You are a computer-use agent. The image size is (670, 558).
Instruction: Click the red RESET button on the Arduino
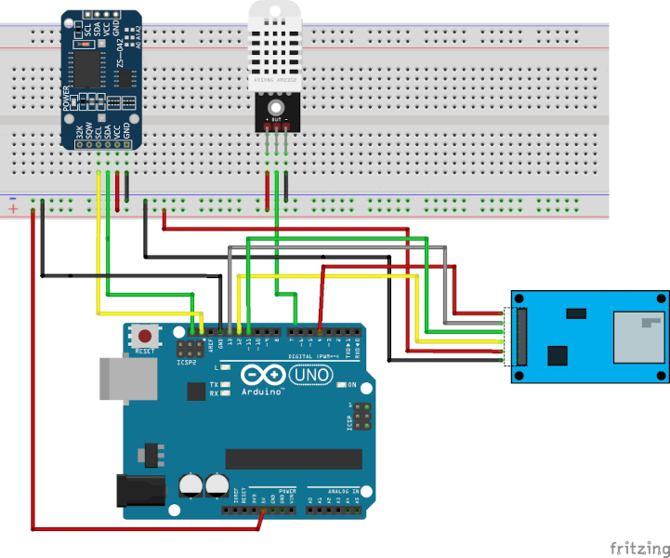[x=145, y=335]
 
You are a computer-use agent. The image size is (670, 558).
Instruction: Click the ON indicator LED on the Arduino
[x=340, y=384]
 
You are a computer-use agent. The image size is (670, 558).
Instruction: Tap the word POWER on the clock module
[x=66, y=99]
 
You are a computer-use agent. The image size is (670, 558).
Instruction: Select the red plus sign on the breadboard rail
[x=14, y=209]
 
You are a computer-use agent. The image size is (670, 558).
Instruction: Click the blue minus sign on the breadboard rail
[x=13, y=198]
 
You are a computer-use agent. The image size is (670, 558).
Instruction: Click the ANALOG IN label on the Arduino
[x=345, y=489]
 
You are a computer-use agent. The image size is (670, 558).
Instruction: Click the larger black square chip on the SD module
[x=558, y=355]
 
